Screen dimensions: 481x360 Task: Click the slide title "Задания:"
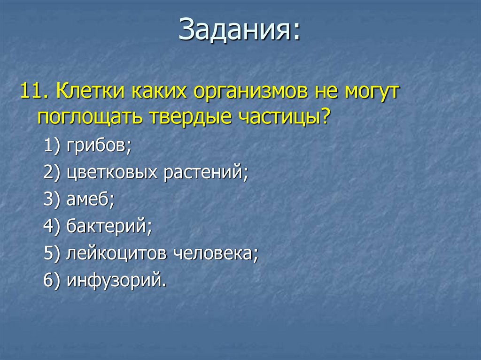(239, 30)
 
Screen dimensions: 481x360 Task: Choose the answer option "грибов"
(99, 146)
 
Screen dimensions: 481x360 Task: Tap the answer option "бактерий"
(109, 226)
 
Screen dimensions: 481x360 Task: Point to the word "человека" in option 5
(216, 253)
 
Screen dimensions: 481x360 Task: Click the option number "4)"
(52, 226)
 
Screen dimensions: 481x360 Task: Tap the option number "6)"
(52, 280)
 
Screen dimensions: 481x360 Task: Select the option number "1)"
(52, 145)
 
